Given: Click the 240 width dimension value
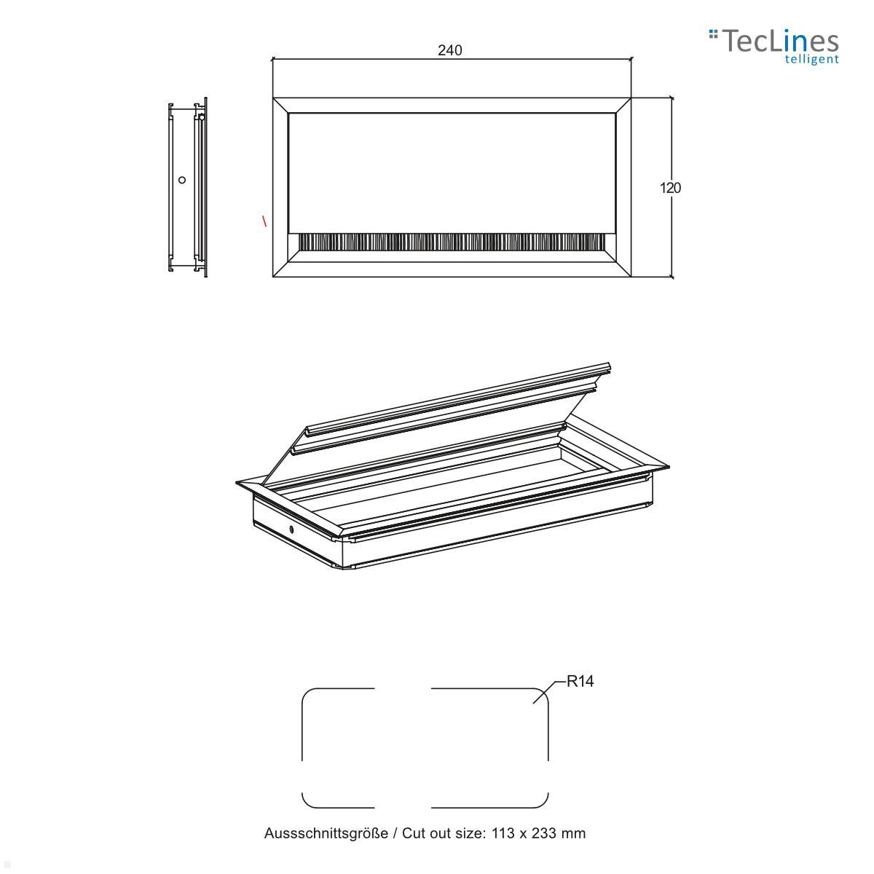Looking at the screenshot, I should [449, 50].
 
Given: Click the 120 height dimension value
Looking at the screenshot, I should [670, 188].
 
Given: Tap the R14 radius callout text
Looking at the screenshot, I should [580, 682].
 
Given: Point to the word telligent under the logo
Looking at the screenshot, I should [811, 60].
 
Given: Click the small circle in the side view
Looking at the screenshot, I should [182, 180].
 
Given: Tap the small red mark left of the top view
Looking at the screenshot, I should [264, 220].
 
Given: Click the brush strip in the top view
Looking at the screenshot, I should [452, 242].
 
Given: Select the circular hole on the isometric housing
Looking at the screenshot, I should [291, 529].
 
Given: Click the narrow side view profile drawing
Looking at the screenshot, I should [186, 189].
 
